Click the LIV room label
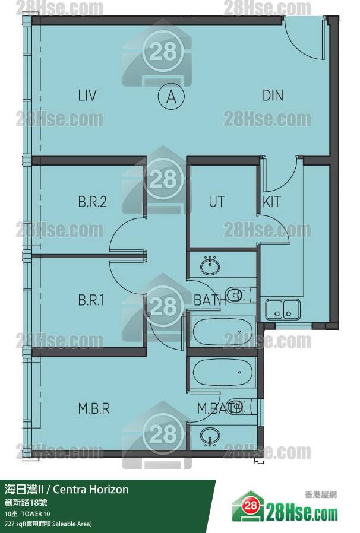coord(87,96)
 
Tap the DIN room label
coord(273,96)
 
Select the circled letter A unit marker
coord(171,97)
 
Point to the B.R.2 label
coord(92,202)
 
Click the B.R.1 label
coord(91,300)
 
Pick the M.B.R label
coord(94,408)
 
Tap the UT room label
coord(216,202)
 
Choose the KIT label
coord(271,202)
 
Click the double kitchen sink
coord(283,309)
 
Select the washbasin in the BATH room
coord(210,266)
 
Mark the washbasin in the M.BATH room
coord(210,437)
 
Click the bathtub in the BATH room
coord(223,331)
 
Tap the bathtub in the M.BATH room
coord(223,372)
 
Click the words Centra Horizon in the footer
coord(91,489)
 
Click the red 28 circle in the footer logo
coord(251,506)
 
